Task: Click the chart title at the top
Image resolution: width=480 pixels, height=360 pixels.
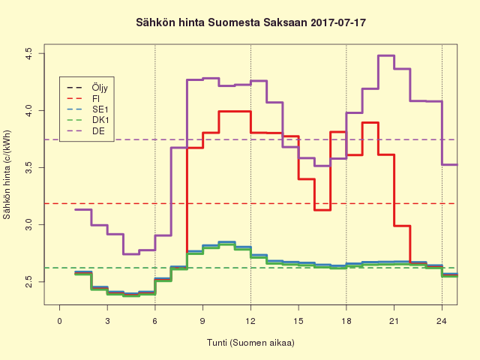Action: [250, 23]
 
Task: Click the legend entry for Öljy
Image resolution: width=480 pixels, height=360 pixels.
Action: [100, 87]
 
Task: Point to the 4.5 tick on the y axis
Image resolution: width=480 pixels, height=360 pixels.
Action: [28, 53]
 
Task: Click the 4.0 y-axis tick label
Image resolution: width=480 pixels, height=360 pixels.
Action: [28, 110]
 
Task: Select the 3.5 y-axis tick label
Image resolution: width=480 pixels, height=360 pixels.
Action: [28, 167]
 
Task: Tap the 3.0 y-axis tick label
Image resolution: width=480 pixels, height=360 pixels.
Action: [28, 224]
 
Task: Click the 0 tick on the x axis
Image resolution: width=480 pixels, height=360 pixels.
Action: [60, 321]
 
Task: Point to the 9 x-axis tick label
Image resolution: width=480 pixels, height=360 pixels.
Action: [203, 321]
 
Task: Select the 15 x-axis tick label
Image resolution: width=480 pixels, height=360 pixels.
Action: [298, 321]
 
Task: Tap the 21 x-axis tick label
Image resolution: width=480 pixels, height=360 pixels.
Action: [394, 321]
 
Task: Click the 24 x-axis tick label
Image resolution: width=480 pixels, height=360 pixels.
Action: [442, 321]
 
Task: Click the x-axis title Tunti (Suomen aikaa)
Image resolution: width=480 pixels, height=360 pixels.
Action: [250, 343]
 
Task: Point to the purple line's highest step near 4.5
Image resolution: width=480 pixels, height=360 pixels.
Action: [385, 55]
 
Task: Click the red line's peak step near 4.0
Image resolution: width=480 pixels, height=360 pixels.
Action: [235, 111]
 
